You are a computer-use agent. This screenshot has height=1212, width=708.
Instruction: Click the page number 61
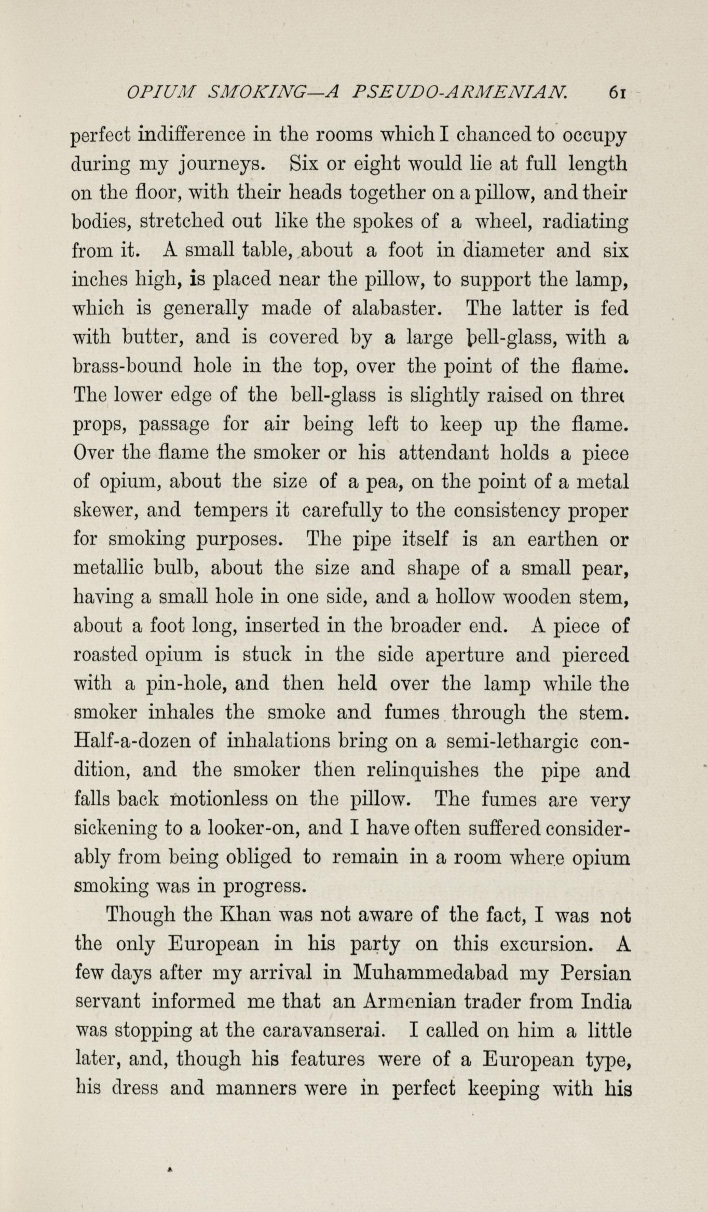(619, 93)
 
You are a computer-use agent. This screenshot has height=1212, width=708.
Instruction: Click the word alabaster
(397, 309)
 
